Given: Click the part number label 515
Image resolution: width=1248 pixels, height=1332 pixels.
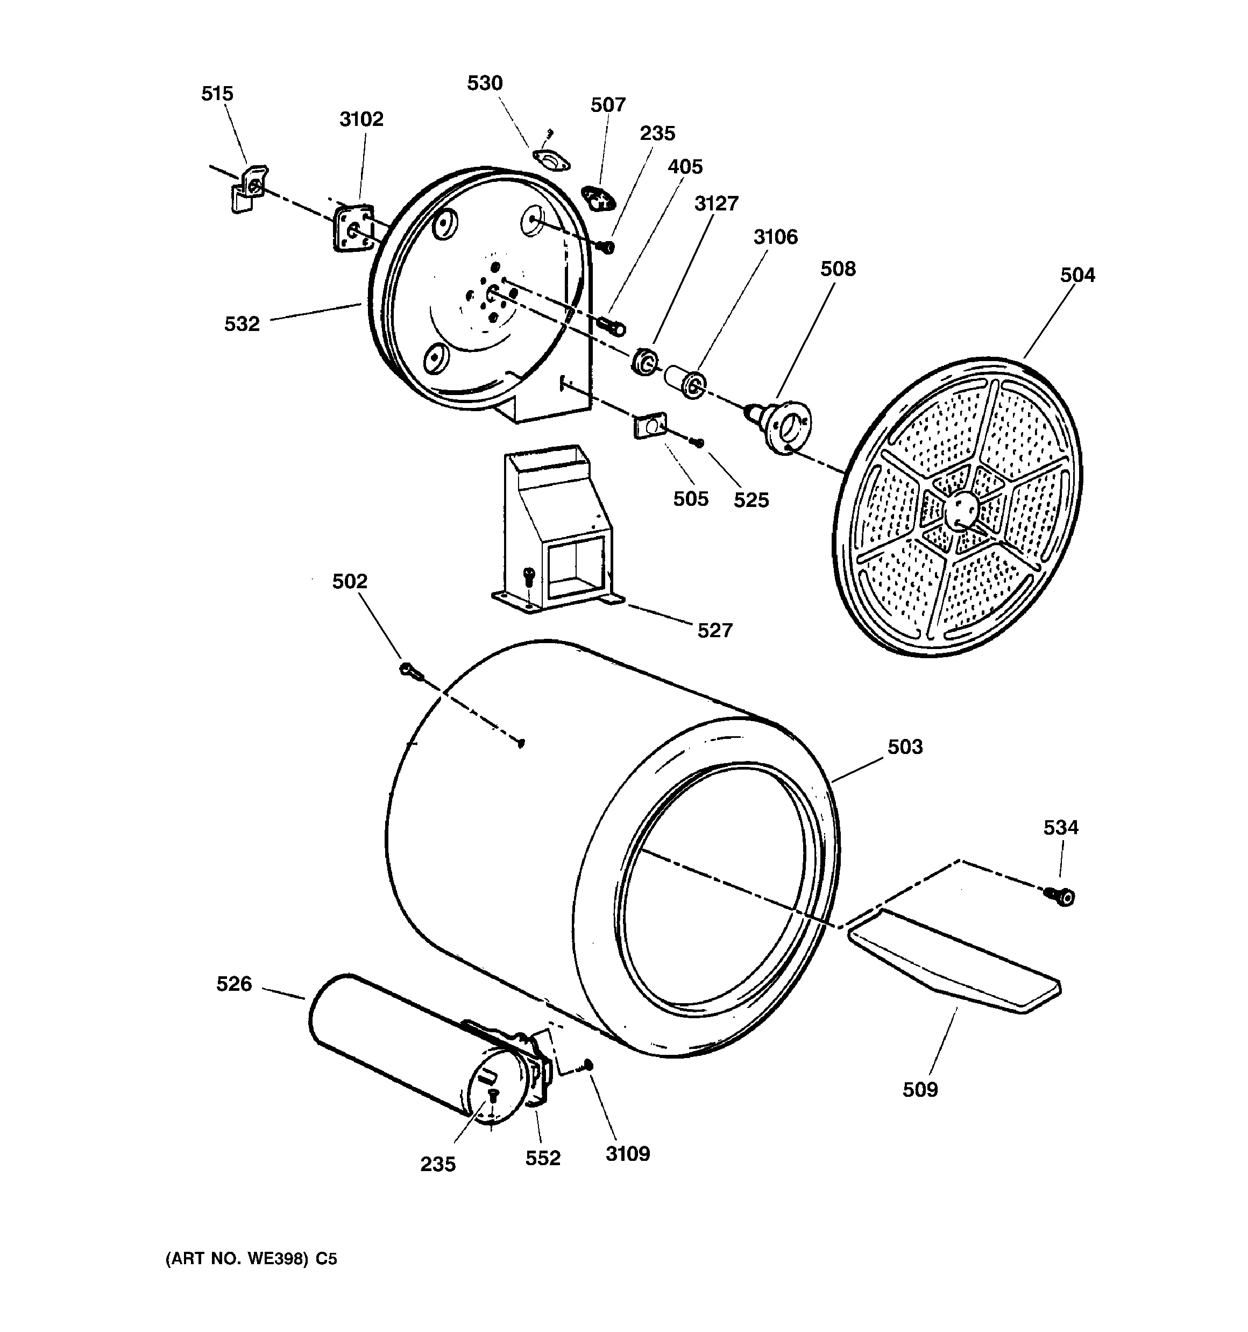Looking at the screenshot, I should click(x=217, y=94).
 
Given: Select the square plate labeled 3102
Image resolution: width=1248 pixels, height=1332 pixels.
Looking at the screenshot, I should click(x=353, y=228).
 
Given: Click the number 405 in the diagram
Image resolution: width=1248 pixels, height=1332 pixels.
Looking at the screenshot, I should click(x=685, y=167).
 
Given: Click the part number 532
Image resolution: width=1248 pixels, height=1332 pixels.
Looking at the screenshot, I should click(x=242, y=325).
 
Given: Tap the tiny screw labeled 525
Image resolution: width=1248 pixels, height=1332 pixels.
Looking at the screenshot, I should click(x=699, y=442).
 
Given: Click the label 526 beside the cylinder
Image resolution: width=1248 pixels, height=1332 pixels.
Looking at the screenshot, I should click(x=234, y=984).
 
